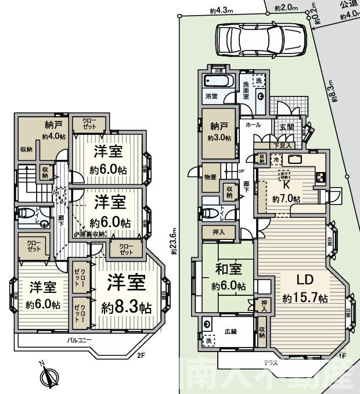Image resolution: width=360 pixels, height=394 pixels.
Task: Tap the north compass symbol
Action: (x=47, y=375)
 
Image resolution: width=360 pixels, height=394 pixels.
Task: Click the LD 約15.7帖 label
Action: (x=305, y=289)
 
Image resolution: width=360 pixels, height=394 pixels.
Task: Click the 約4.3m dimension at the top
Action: (x=221, y=10)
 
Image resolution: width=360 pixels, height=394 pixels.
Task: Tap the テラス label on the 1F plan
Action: (x=271, y=363)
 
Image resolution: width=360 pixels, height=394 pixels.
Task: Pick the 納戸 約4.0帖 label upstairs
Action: (x=53, y=131)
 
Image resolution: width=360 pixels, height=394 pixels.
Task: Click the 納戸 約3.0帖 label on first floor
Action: (x=219, y=132)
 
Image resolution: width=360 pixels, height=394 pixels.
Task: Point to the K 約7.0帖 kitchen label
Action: (x=286, y=192)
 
